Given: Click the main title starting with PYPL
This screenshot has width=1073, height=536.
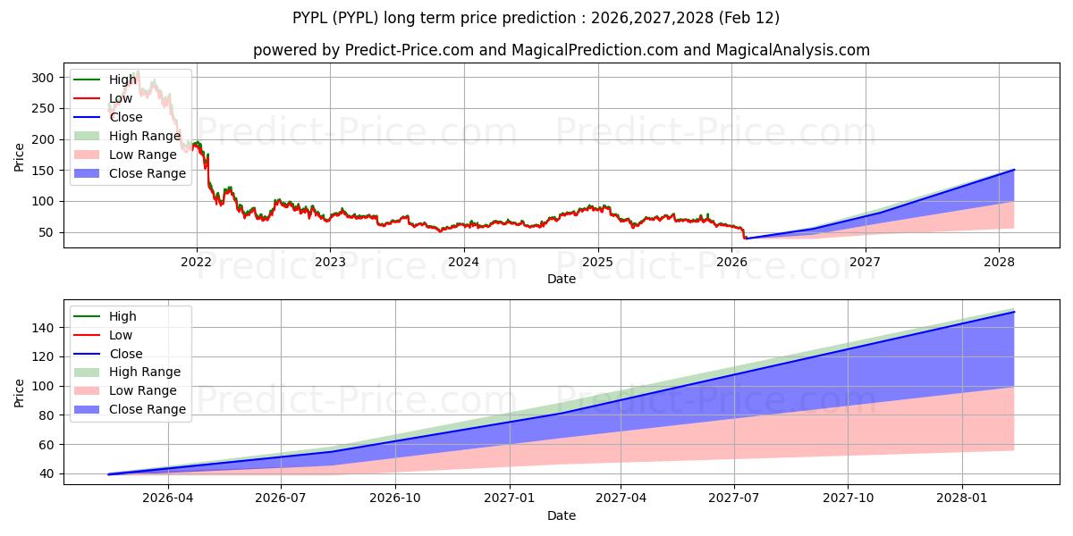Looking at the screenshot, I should tap(536, 18).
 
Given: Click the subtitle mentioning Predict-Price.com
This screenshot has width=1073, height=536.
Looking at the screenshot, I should tap(561, 50).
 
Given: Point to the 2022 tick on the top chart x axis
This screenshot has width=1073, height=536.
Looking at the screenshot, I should tap(196, 262).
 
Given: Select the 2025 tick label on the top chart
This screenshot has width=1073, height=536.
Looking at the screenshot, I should tap(597, 262).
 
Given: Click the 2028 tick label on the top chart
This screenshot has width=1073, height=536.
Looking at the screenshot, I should tap(999, 262).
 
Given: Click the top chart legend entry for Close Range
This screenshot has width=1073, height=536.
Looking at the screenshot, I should tap(148, 173).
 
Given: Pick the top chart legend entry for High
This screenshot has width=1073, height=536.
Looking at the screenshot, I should tap(123, 80).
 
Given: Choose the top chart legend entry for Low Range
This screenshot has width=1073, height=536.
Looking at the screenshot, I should tap(143, 155).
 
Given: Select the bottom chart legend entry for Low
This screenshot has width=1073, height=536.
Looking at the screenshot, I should tap(121, 335).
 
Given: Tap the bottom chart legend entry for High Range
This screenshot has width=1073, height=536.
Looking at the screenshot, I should tap(145, 372).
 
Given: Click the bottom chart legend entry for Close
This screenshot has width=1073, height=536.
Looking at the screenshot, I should tap(125, 354).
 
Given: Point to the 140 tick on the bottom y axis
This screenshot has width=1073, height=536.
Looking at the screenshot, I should tap(45, 328).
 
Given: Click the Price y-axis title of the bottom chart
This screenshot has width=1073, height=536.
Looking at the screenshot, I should tap(20, 391).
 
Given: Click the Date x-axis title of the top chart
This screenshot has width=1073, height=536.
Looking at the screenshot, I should tap(561, 279).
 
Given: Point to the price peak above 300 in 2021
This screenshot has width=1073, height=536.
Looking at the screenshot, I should tap(137, 71).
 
